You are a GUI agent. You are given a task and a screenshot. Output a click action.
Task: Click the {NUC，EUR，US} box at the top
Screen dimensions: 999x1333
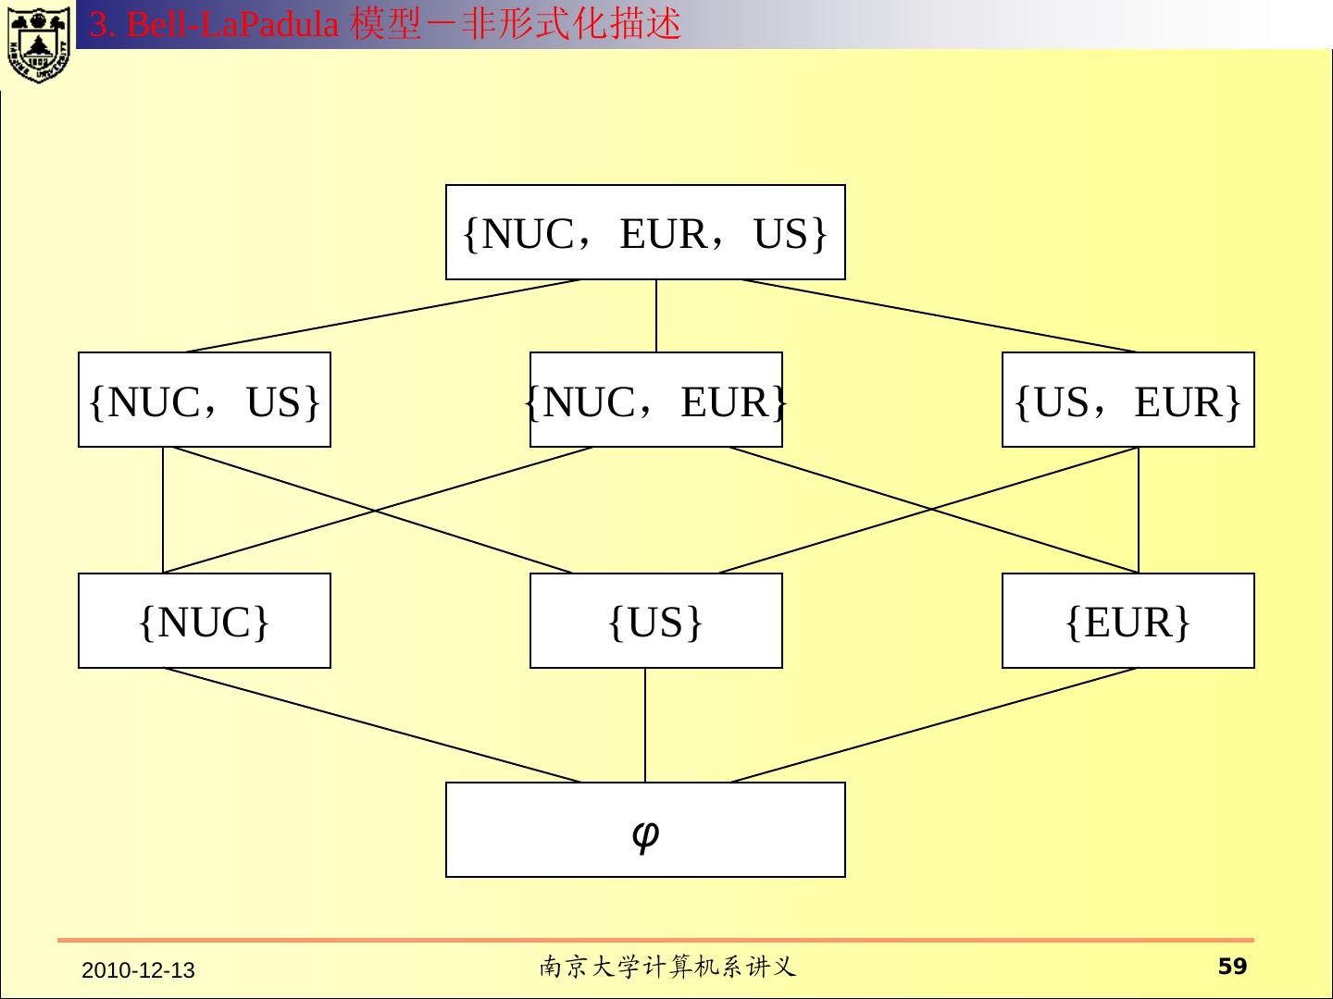[645, 232]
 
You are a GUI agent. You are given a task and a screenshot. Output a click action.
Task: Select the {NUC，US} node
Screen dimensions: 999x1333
[205, 400]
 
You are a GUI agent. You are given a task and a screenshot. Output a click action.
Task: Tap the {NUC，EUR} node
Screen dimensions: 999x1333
[655, 400]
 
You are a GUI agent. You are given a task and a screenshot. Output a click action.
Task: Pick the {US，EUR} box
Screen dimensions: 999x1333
[1127, 400]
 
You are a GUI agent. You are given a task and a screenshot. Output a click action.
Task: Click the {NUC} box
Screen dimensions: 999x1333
[205, 621]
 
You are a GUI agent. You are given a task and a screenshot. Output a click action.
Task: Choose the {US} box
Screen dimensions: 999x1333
[655, 621]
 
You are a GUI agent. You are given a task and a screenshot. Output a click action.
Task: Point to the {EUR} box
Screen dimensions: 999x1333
[1127, 621]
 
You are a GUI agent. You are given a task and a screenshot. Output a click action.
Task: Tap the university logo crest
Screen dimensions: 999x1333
[38, 43]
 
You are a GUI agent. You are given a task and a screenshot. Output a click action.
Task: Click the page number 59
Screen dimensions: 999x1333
[1232, 967]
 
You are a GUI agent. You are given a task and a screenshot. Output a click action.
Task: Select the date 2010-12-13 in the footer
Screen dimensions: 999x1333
[138, 970]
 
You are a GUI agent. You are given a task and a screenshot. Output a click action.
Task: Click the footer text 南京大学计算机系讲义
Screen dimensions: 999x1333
[666, 968]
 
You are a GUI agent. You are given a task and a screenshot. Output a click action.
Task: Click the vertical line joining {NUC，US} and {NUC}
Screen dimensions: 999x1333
[163, 510]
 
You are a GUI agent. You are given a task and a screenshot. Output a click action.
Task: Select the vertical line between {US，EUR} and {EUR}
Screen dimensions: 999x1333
[1139, 510]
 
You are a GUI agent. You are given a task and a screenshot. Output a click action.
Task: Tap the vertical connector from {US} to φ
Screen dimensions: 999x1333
[645, 725]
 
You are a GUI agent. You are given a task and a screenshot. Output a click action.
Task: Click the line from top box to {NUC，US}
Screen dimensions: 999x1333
[382, 315]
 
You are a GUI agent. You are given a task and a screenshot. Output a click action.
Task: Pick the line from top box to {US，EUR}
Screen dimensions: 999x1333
[939, 315]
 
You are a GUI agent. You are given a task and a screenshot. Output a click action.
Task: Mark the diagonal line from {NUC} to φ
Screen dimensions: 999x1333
[373, 725]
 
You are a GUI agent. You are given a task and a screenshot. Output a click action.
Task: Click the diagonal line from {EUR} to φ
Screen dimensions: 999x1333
[933, 725]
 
